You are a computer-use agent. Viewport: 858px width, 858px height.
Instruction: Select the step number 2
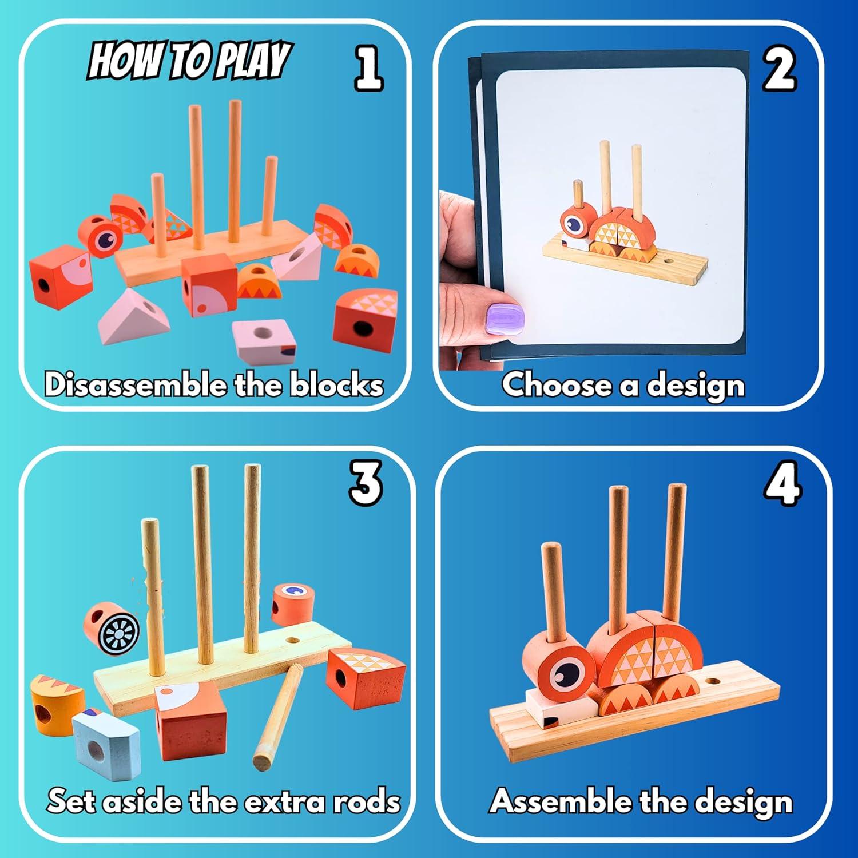tap(779, 70)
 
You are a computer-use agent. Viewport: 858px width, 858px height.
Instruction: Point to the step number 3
tap(366, 483)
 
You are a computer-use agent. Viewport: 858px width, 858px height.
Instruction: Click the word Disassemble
tap(136, 384)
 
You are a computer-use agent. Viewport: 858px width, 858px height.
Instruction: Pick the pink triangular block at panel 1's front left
tap(127, 317)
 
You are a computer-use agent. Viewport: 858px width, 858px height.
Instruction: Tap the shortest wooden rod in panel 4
tap(554, 589)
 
